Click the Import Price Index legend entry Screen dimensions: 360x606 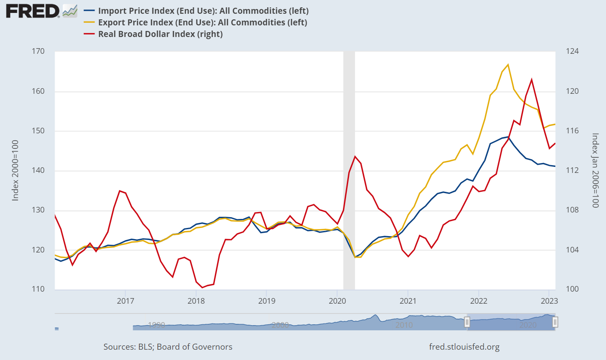(x=203, y=11)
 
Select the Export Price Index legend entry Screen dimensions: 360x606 (x=202, y=22)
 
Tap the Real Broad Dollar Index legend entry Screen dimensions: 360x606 (x=160, y=34)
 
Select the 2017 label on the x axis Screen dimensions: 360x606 (x=125, y=300)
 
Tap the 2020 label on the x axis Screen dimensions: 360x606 (x=337, y=300)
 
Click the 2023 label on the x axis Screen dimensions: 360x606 (x=549, y=300)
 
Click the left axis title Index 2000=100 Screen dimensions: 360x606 (x=15, y=170)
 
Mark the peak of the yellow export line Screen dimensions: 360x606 (x=508, y=65)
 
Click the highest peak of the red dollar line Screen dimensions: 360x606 (x=532, y=79)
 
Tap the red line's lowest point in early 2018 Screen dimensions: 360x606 (x=202, y=287)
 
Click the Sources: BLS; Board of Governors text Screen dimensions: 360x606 (x=168, y=347)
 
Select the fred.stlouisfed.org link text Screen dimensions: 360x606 (x=464, y=347)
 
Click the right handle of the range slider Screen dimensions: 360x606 (x=555, y=322)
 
